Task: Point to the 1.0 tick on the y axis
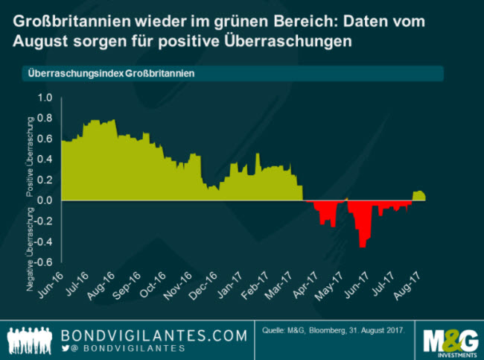point(45,98)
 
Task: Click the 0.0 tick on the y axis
point(45,200)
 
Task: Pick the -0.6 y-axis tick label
point(45,262)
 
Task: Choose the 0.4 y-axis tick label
point(45,160)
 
